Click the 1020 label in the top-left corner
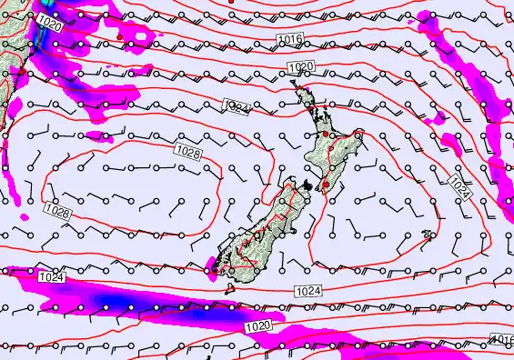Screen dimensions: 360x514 click(x=51, y=26)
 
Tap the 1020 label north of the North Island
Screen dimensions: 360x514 click(x=300, y=67)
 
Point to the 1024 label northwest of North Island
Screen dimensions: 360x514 click(x=236, y=109)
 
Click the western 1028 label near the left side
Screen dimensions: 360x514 click(x=56, y=211)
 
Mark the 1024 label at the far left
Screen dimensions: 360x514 click(x=51, y=275)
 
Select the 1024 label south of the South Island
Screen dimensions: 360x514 click(x=307, y=290)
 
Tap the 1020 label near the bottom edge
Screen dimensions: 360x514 click(x=257, y=325)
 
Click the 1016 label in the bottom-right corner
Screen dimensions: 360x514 click(x=502, y=338)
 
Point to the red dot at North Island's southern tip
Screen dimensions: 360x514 click(x=326, y=185)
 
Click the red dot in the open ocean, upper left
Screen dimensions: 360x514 click(x=119, y=36)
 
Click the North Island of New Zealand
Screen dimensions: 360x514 click(x=330, y=145)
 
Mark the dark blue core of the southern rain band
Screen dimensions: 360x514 click(x=114, y=299)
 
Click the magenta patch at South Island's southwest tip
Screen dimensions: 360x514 click(x=213, y=269)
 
